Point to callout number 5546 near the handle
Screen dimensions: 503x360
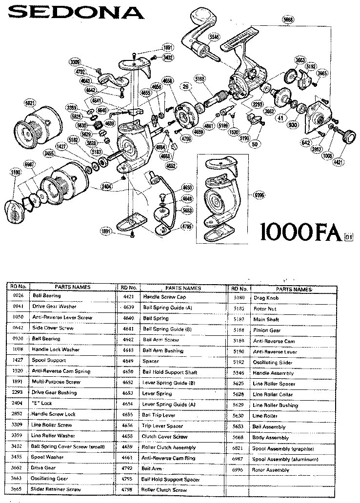coord(213,37)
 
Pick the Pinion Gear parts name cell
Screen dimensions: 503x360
coord(266,330)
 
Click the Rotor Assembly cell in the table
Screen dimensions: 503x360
coord(271,470)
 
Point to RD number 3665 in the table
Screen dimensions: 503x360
coord(17,489)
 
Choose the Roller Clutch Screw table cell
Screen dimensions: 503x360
coord(165,489)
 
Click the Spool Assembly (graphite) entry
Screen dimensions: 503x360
coord(282,448)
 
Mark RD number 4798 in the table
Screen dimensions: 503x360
coord(128,489)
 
